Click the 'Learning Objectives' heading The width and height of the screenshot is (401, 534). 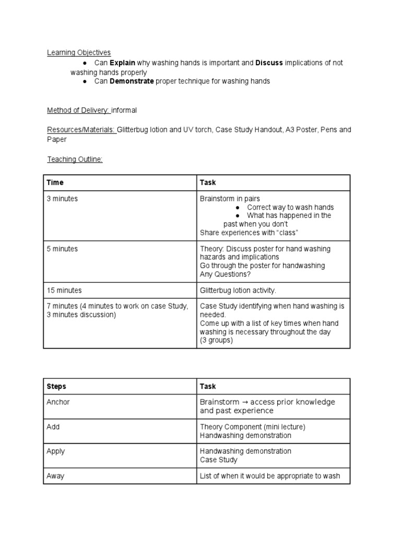coord(79,52)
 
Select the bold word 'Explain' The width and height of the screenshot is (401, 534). coord(122,63)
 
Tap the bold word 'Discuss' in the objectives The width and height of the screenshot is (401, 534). coord(269,63)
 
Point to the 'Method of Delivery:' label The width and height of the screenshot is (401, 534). coord(78,110)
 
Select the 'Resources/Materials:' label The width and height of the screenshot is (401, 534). coord(81,129)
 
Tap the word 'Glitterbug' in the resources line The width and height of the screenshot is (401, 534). coord(134,129)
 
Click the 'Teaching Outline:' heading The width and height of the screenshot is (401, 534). coord(75,159)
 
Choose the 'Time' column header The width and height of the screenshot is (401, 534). coord(55,183)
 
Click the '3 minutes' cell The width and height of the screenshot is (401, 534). coord(62,199)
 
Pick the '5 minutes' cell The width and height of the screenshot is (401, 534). coord(62,249)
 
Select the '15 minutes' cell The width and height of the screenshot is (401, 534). coord(64,290)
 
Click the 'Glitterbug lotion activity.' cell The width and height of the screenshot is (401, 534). coord(238,290)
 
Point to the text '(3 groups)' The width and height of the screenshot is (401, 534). coord(216,340)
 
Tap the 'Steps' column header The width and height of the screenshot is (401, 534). coord(56,386)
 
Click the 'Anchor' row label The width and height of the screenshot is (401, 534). coord(58,402)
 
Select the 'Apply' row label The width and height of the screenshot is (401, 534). coord(56,451)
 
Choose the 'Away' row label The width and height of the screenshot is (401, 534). coord(56,476)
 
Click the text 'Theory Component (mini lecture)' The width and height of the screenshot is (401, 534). coord(252,427)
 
